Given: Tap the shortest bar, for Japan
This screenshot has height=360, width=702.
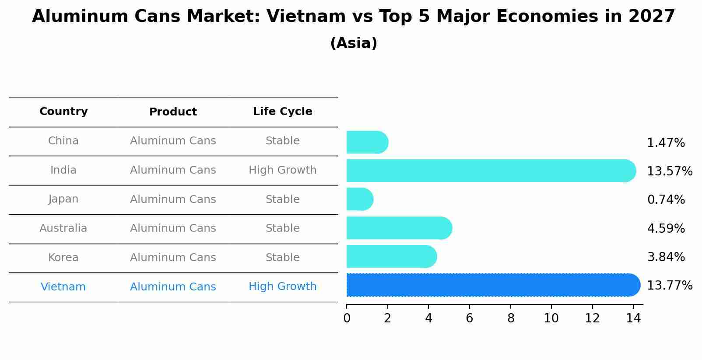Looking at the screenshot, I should coord(359,199).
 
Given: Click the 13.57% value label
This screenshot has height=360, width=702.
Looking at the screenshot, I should coord(669,171).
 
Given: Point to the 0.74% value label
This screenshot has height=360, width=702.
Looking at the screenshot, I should coord(666,200).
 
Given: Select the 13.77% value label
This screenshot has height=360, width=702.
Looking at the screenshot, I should coord(669,286).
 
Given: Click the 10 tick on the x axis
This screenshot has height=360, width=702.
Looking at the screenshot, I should coord(551,318).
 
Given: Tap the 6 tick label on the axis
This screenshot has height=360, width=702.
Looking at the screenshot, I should coord(469,318).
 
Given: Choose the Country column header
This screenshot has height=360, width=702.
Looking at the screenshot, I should coord(63,112).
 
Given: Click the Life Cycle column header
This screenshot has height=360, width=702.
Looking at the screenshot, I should coord(282,112).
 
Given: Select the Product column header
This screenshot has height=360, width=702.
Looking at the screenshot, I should coord(173,112).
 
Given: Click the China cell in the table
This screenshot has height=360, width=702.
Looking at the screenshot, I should coord(63,141).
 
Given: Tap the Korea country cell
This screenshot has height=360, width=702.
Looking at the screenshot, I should coord(63,258).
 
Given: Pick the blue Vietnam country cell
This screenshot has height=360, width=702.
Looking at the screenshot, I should coord(63,287).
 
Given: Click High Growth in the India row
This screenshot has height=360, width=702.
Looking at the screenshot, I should coord(282,170).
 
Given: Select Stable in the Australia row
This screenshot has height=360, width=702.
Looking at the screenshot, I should coord(282,228).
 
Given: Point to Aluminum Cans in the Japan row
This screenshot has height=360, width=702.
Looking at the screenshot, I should coord(173,199).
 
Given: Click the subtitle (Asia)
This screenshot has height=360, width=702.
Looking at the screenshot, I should coord(354,43).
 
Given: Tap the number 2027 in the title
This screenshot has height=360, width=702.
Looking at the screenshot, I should coord(652,17).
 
